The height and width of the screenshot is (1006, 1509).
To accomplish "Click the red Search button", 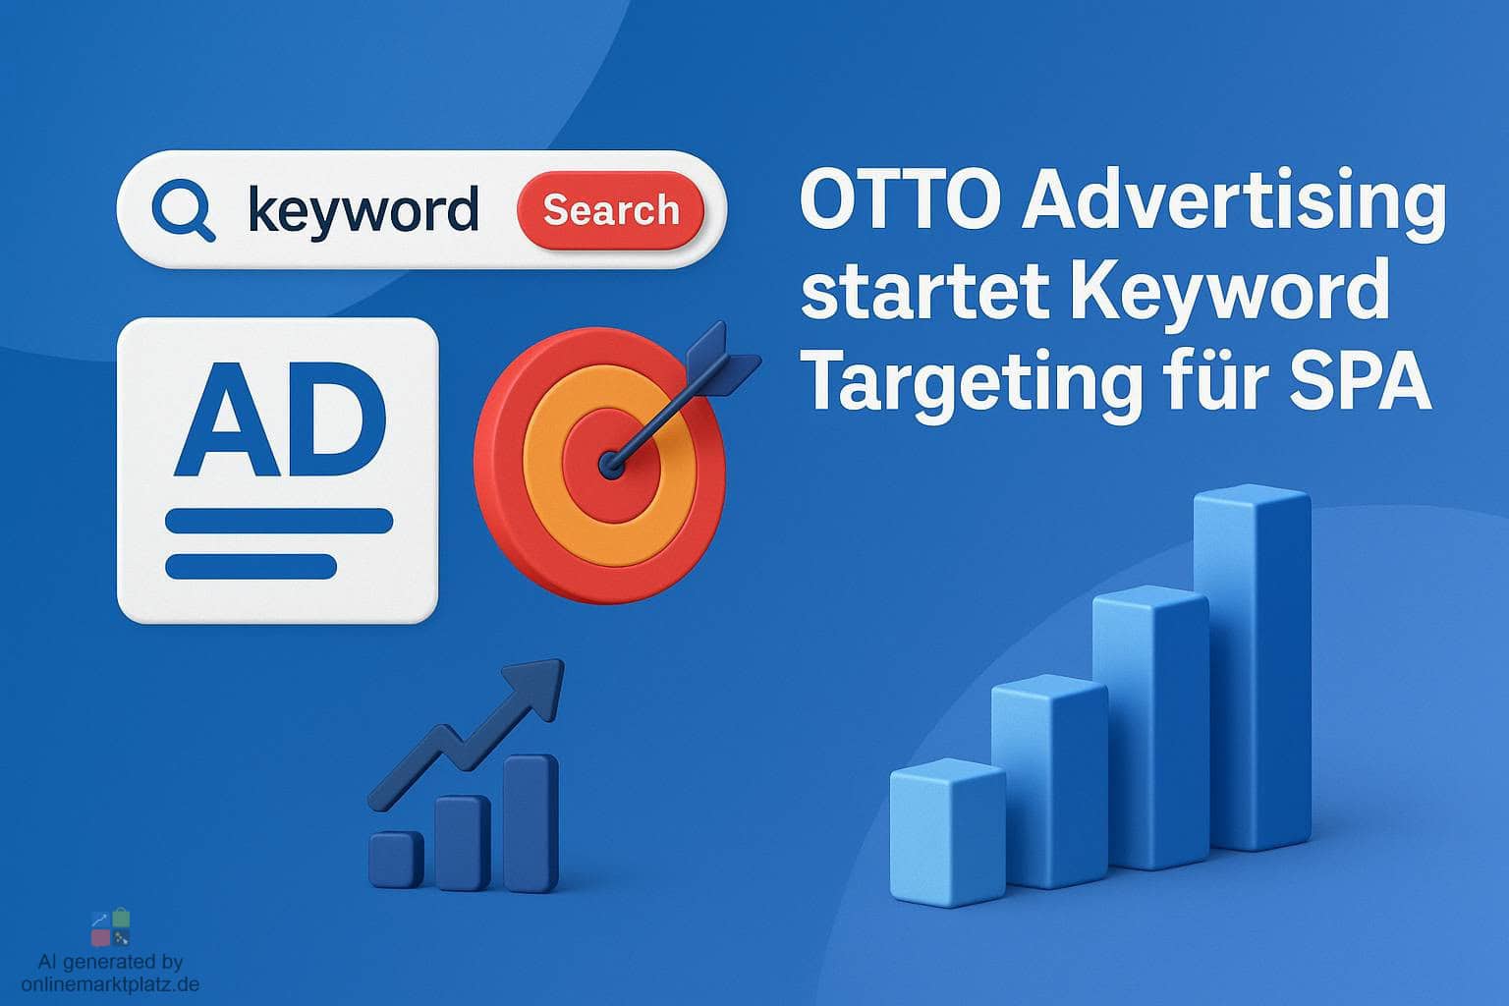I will click(x=610, y=210).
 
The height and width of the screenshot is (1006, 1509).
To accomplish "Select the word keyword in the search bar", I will click(x=363, y=210).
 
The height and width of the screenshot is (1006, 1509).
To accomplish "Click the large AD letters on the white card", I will click(x=281, y=419).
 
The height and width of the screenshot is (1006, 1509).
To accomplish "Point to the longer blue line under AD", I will click(x=279, y=521).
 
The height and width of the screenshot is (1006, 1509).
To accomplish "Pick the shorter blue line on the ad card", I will click(x=251, y=566).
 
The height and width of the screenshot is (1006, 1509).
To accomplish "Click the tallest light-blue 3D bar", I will click(x=1253, y=668).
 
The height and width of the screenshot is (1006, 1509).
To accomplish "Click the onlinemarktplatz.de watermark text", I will click(x=110, y=983).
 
